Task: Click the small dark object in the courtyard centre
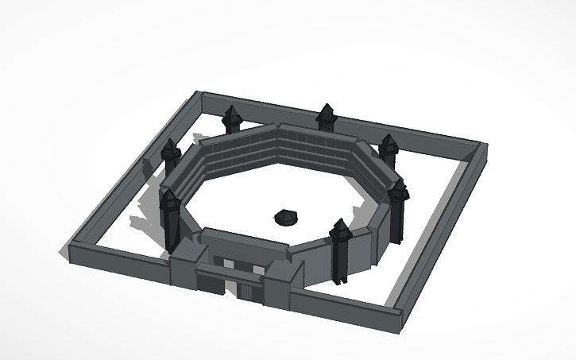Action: point(285,215)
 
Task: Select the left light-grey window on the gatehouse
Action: point(229,263)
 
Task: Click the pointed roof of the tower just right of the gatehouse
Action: point(340,228)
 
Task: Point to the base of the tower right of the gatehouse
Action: point(340,276)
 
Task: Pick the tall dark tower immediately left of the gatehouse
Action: point(171,219)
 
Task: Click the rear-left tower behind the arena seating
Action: point(232,119)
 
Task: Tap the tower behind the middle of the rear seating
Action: point(326,118)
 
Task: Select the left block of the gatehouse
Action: point(184,267)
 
